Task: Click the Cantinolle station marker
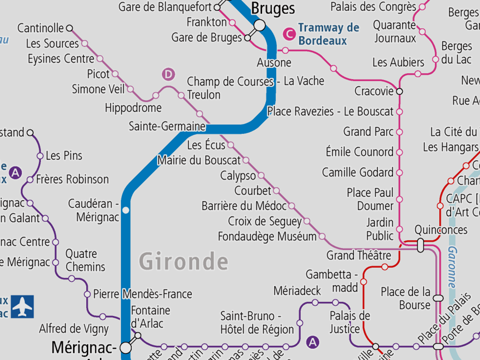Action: [x=70, y=28]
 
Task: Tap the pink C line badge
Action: [x=289, y=34]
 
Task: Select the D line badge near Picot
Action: [x=168, y=74]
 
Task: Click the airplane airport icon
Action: [x=22, y=307]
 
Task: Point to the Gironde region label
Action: [x=184, y=262]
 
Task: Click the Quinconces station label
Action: [x=441, y=230]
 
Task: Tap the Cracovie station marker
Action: [x=399, y=91]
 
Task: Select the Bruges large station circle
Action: [x=259, y=25]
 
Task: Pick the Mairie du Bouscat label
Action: [x=199, y=160]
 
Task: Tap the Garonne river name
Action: [x=451, y=267]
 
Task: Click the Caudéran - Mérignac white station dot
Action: [x=126, y=210]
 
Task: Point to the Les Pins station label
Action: [x=64, y=156]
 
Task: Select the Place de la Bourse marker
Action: [x=438, y=298]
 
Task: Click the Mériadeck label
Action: [x=298, y=291]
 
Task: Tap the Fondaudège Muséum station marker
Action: [x=322, y=236]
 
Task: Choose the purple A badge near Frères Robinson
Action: [x=16, y=173]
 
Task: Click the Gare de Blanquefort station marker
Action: [x=217, y=7]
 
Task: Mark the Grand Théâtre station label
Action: [x=359, y=255]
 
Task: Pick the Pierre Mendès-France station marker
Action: [x=87, y=294]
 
